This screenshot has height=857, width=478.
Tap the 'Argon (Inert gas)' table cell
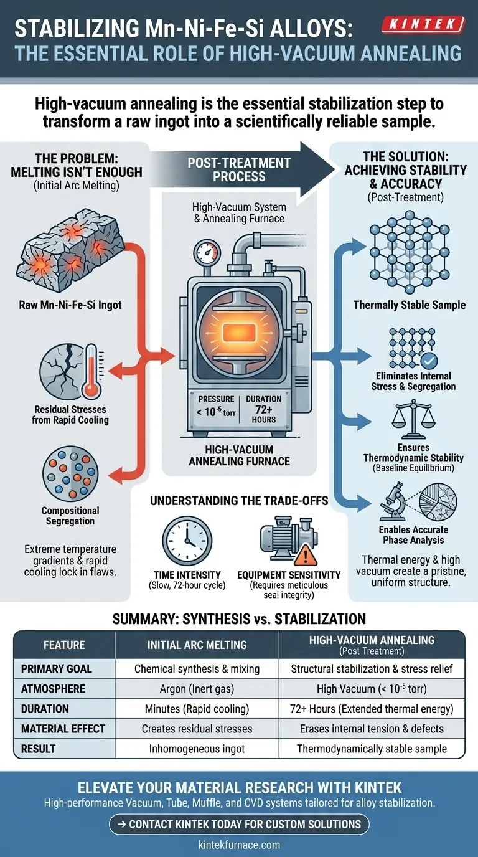coord(197,689)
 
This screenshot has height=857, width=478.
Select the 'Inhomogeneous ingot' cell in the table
coord(197,748)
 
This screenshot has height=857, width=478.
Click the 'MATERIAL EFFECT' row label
coord(63,728)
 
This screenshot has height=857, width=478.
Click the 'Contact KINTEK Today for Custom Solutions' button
coord(239,824)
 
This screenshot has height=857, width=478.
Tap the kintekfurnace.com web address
coord(239,845)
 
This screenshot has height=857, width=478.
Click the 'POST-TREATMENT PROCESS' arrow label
coord(239,169)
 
